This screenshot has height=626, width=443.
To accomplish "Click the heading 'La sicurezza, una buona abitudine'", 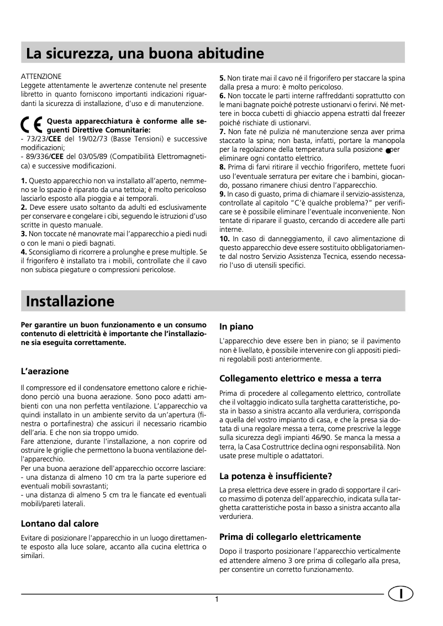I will [145, 54].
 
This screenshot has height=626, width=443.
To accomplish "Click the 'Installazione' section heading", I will [70, 301].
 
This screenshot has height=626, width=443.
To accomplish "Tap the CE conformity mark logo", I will [32, 124].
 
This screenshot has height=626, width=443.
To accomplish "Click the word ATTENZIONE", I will [41, 75].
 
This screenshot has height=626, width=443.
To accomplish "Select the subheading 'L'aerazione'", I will [45, 371].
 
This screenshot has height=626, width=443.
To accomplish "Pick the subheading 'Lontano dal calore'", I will [60, 523].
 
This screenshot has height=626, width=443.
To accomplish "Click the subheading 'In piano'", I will [236, 327].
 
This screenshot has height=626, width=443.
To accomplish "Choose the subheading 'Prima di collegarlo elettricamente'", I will [290, 537].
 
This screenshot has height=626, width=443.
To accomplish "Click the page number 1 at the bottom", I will [218, 601].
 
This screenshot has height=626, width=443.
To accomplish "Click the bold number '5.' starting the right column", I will [223, 78].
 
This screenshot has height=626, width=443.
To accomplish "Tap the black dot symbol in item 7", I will [389, 150].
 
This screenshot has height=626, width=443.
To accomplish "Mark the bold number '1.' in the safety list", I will [24, 181].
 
